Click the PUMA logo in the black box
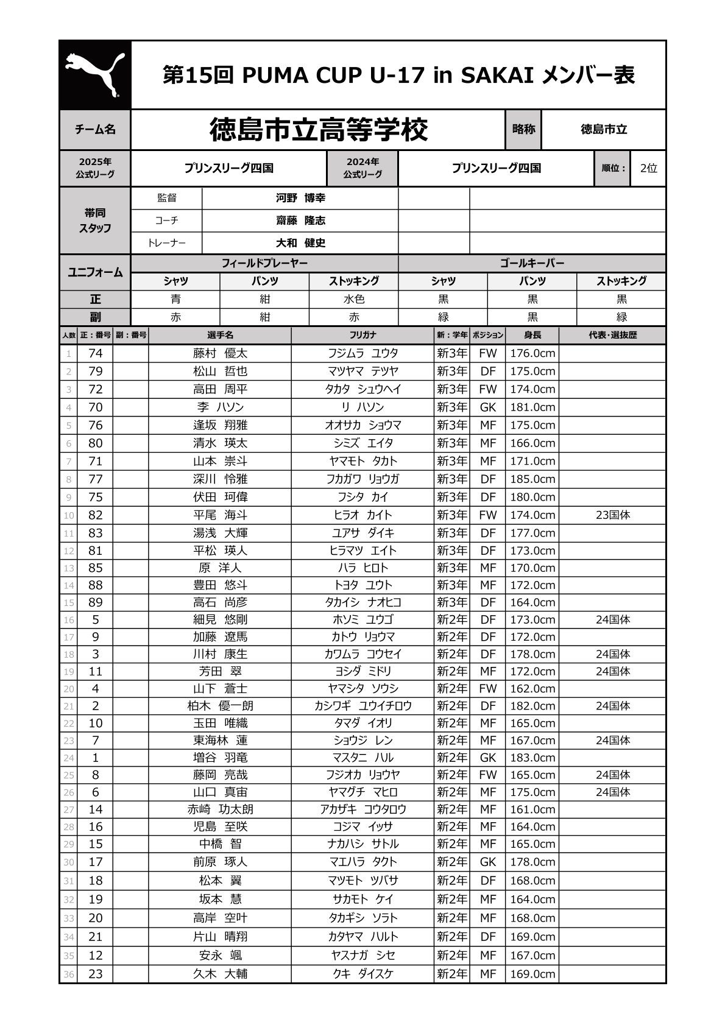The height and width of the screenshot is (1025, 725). tap(94, 75)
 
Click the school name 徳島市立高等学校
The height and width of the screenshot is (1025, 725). tap(319, 130)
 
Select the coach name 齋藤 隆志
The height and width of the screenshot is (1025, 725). tap(300, 220)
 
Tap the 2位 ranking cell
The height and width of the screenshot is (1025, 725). tap(648, 168)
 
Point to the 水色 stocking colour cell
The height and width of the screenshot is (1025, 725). tap(354, 299)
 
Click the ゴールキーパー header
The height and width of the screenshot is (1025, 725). tap(531, 263)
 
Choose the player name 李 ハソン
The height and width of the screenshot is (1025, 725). tap(220, 407)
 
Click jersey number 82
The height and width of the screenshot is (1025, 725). tap(96, 515)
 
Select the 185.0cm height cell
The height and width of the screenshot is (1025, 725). tap(532, 479)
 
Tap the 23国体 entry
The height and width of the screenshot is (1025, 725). tap(612, 515)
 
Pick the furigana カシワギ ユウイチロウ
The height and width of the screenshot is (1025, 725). tap(363, 706)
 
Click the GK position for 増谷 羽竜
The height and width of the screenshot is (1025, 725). tap(487, 758)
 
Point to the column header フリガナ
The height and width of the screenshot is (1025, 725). tap(363, 335)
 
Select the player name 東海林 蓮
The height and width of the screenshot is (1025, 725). tap(220, 741)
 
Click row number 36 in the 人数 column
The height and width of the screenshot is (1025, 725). tap(68, 974)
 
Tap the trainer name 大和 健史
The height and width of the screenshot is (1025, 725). tap(300, 243)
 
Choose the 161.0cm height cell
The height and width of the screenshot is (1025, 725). tap(532, 809)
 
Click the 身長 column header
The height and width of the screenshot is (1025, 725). tap(532, 335)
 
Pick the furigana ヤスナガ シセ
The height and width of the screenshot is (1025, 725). tap(363, 955)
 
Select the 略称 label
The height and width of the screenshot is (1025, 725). tap(523, 129)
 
